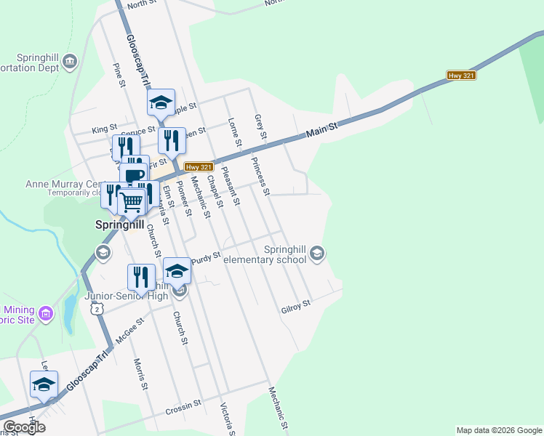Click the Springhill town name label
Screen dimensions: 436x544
click(x=120, y=225)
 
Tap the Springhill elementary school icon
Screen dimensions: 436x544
click(x=316, y=254)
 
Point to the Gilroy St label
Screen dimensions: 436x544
click(x=296, y=310)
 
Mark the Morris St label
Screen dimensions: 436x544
click(x=140, y=374)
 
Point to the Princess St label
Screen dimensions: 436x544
click(x=260, y=177)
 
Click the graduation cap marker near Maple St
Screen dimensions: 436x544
click(x=161, y=102)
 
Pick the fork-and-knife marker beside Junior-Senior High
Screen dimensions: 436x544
click(x=141, y=276)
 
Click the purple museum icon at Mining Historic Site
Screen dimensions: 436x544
click(x=46, y=314)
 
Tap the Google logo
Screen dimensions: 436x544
click(x=24, y=427)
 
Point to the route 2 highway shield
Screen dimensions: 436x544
click(x=97, y=309)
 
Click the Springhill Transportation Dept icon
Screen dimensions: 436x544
click(x=70, y=61)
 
